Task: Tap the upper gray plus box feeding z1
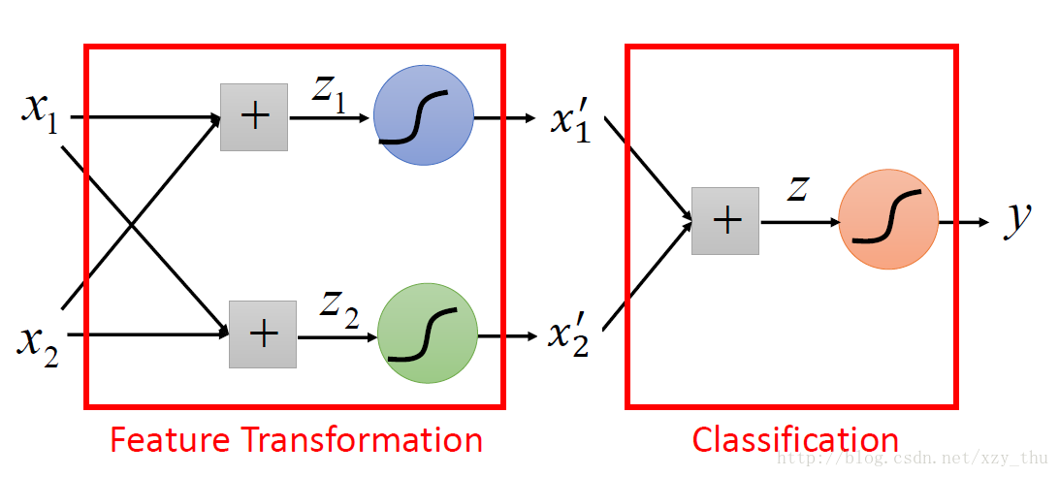click(254, 117)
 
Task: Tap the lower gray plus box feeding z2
click(263, 334)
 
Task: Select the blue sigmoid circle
click(423, 115)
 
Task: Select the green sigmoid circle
click(428, 333)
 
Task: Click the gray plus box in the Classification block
click(725, 221)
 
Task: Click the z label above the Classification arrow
click(797, 188)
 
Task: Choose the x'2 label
click(568, 336)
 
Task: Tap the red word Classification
click(794, 439)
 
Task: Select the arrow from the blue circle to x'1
click(504, 118)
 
